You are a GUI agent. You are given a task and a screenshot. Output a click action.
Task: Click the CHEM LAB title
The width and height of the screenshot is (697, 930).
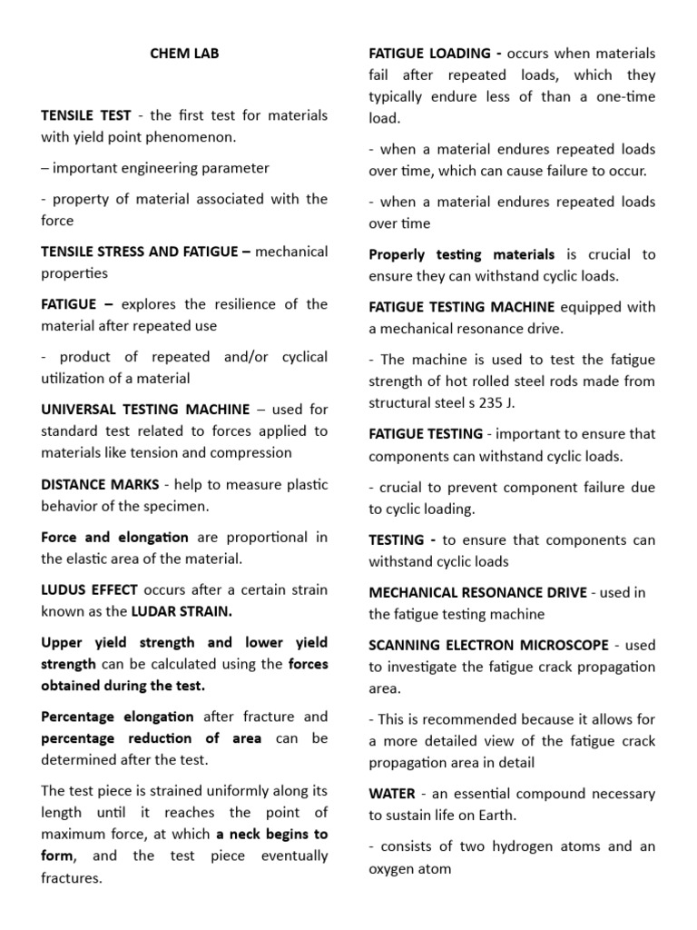(x=184, y=54)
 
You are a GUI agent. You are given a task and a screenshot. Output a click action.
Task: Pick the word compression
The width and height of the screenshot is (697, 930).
(x=256, y=452)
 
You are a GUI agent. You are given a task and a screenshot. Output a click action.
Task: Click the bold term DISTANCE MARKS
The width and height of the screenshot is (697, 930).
(x=100, y=484)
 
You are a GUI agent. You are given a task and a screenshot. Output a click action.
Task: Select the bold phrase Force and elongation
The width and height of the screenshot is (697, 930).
(x=114, y=537)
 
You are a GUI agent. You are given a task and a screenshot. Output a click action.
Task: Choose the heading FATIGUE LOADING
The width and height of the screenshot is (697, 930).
(x=427, y=54)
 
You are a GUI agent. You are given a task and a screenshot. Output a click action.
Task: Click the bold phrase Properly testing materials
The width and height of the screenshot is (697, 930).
(x=461, y=254)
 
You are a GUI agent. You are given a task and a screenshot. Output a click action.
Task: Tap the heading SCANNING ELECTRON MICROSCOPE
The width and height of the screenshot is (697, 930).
(x=488, y=645)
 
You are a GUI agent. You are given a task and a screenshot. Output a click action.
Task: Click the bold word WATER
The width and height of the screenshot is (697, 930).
(x=390, y=793)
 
